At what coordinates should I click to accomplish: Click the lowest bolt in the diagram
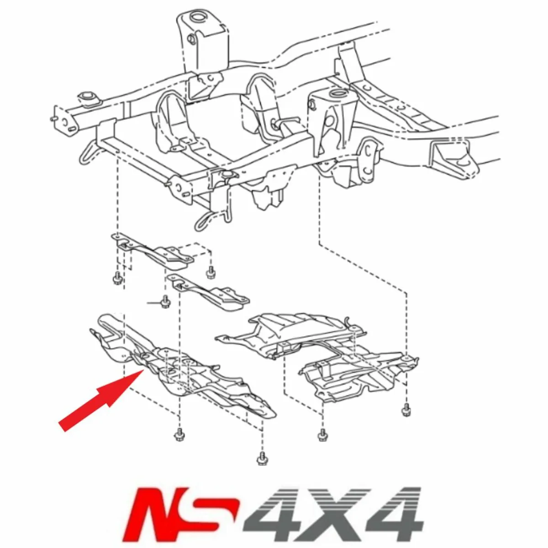(x=262, y=457)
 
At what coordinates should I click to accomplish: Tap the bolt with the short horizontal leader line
(x=164, y=302)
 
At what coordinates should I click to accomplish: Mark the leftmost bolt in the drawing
(x=116, y=277)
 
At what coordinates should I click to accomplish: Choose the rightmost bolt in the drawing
(x=405, y=410)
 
